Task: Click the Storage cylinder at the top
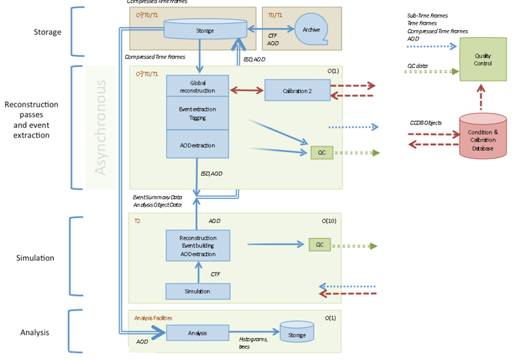[x=205, y=29]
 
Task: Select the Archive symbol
[x=312, y=29]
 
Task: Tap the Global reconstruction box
[x=198, y=86]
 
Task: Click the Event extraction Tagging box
[x=198, y=113]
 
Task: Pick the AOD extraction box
[x=198, y=145]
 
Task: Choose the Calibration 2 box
[x=297, y=90]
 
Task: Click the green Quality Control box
[x=483, y=60]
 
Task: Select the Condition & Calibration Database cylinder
[x=483, y=136]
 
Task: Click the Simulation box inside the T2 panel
[x=198, y=291]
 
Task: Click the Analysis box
[x=198, y=333]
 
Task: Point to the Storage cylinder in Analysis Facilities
[x=297, y=334]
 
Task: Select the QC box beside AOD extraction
[x=321, y=153]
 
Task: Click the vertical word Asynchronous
[x=101, y=127]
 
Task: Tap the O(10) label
[x=330, y=222]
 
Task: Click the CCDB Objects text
[x=425, y=123]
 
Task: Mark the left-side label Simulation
[x=35, y=258]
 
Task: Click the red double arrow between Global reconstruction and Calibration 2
[x=247, y=90]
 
